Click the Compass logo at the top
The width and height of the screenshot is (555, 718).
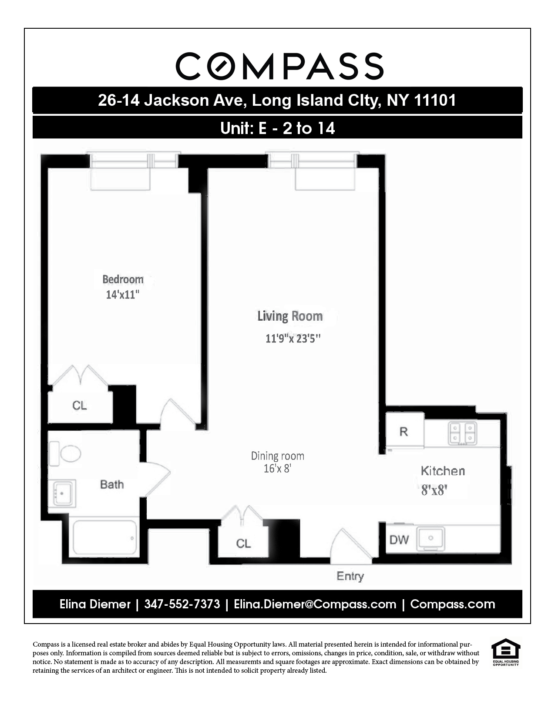pos(279,66)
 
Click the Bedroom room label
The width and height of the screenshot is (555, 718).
pos(123,279)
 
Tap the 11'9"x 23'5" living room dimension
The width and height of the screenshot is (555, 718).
pos(293,338)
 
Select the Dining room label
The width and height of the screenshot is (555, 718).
pos(277,456)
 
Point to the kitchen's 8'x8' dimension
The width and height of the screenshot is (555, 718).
pos(434,490)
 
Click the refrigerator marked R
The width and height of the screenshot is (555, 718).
pos(404,432)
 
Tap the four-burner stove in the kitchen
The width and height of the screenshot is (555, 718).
pos(462,433)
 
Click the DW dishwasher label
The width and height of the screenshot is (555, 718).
pos(399,540)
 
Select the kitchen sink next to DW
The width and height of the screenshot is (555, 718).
pos(431,539)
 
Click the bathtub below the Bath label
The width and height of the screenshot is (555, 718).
pos(104,538)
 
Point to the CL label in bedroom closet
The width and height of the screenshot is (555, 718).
pos(79,406)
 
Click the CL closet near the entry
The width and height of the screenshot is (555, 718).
pos(243,544)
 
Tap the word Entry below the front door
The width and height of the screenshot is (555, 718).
pos(350,576)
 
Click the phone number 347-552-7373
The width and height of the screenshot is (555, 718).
pos(182,604)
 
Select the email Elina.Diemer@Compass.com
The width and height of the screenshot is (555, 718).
pos(315,604)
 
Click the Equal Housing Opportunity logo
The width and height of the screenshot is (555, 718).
pos(505,651)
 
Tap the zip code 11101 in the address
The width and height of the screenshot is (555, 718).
pos(434,101)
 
